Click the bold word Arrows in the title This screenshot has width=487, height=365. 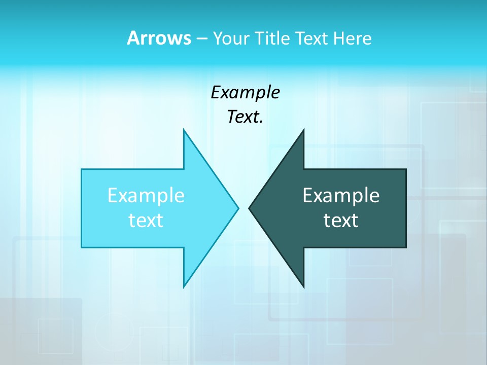[158, 38]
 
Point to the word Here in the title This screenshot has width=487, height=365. [352, 38]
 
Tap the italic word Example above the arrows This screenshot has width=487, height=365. [245, 92]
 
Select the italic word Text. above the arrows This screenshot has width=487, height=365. [244, 117]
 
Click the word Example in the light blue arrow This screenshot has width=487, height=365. [146, 195]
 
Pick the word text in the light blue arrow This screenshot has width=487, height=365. [146, 220]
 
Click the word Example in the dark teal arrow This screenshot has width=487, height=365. [341, 195]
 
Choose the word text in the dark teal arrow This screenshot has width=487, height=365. [341, 220]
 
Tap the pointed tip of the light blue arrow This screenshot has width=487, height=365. [238, 208]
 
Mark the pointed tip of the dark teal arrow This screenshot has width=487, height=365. [249, 208]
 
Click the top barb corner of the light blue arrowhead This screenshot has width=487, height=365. [184, 130]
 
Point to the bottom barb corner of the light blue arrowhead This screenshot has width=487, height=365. [184, 287]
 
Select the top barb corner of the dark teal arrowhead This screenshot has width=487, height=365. [303, 130]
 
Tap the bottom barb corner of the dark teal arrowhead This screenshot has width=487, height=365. [303, 287]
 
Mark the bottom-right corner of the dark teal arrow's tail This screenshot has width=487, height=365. [406, 247]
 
